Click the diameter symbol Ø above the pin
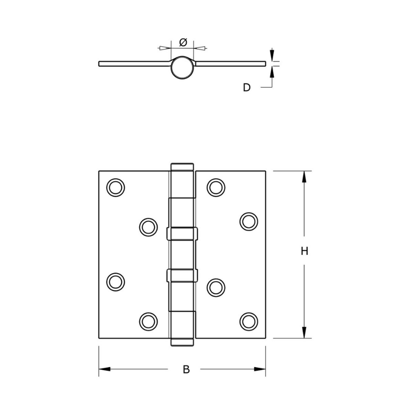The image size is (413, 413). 183,42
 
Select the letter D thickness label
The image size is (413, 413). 247,88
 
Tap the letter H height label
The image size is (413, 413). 304,251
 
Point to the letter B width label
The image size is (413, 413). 186,370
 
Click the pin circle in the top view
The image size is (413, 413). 182,67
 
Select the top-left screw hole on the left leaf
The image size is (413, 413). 116,188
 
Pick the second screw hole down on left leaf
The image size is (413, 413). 149,227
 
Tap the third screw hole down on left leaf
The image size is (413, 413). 116,282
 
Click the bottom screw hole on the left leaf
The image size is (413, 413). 149,321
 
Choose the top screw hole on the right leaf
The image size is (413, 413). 216,188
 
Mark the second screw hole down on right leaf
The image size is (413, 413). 249,221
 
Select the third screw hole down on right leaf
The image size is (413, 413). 216,287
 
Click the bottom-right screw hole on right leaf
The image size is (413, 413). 249,321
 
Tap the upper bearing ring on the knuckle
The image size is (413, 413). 182,234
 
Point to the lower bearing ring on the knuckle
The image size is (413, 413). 182,275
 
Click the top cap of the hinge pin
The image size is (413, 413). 182,167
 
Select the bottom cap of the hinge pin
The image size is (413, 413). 182,342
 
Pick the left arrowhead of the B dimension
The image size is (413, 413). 104,369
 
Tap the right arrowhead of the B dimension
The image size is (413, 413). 260,369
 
